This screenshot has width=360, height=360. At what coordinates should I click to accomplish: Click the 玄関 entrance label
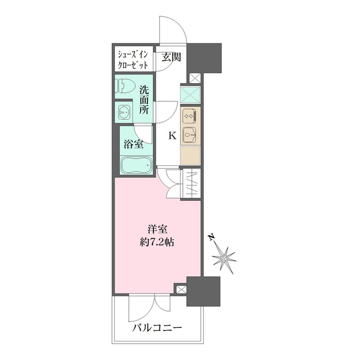click(x=172, y=57)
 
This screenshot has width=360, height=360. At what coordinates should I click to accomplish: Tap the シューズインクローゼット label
click(x=132, y=59)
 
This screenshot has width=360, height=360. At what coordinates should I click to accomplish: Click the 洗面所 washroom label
click(x=145, y=100)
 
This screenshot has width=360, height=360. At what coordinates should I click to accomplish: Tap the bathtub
click(x=135, y=165)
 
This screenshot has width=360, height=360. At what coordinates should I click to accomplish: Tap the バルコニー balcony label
click(x=157, y=328)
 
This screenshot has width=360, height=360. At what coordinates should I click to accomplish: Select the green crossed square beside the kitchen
click(x=191, y=93)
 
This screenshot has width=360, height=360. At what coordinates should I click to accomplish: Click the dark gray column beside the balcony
click(x=202, y=292)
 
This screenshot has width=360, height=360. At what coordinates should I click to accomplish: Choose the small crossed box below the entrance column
click(x=195, y=78)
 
